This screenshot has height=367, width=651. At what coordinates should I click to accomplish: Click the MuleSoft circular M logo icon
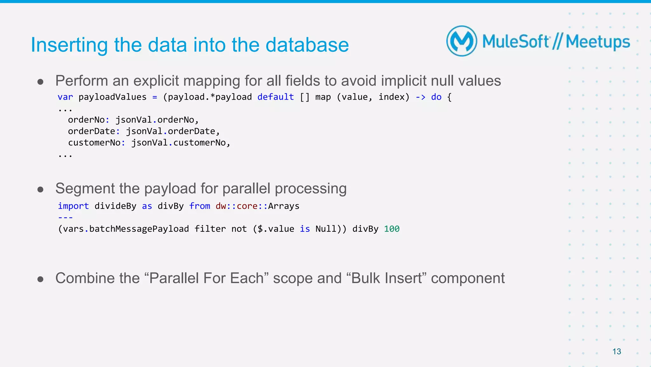click(x=462, y=41)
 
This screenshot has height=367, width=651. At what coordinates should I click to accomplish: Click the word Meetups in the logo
click(x=598, y=42)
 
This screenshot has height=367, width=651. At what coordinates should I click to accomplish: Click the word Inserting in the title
click(x=69, y=45)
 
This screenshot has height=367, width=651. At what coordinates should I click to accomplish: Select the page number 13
click(x=616, y=351)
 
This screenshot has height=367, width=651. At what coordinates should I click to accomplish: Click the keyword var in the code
click(x=65, y=97)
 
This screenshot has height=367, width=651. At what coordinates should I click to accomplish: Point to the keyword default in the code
click(x=275, y=97)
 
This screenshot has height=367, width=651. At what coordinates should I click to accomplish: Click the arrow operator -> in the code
click(x=420, y=97)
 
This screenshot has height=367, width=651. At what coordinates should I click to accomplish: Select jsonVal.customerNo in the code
click(x=181, y=143)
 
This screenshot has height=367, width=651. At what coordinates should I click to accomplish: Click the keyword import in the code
click(x=73, y=206)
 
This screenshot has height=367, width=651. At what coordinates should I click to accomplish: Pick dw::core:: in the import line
click(x=241, y=206)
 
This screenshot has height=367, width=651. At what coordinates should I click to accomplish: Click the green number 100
click(x=391, y=229)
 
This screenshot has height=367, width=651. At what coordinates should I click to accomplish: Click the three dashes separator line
click(x=65, y=217)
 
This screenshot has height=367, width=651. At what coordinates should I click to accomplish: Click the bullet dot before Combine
click(x=40, y=279)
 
